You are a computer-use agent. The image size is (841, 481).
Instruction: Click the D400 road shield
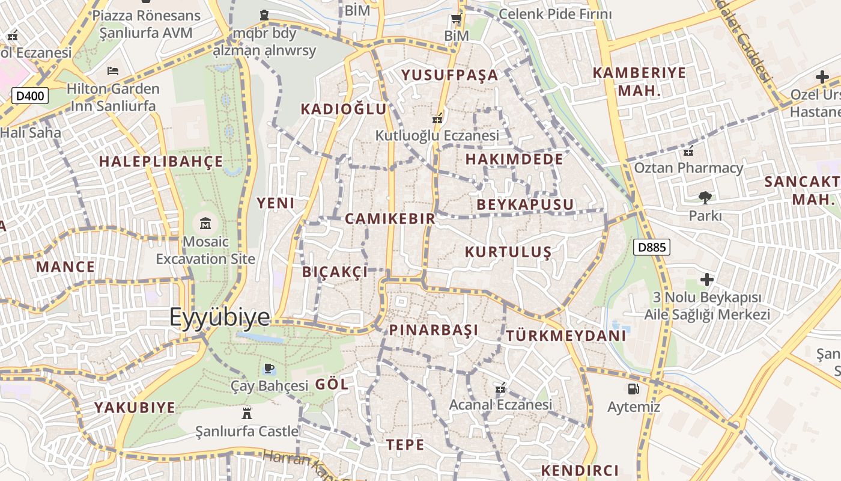click(29, 95)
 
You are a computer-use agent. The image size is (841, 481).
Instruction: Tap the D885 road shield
click(652, 247)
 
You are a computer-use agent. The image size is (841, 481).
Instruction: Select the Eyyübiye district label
click(220, 317)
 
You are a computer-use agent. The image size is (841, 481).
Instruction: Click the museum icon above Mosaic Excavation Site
click(205, 224)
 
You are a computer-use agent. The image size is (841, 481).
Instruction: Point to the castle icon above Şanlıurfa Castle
click(246, 413)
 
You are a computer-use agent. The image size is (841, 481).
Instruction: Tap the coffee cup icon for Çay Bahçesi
click(269, 367)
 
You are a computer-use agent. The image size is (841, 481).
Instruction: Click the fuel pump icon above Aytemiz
click(633, 389)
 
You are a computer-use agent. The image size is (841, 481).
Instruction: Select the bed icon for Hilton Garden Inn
click(112, 71)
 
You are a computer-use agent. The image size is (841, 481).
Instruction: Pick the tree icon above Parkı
click(705, 197)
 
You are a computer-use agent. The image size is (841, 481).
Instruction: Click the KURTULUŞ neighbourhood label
click(508, 252)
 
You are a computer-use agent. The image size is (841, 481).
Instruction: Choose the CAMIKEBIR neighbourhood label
click(390, 219)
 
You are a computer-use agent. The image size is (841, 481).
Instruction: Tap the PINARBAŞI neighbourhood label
click(434, 330)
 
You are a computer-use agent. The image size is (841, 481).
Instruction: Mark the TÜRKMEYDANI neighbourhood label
click(566, 335)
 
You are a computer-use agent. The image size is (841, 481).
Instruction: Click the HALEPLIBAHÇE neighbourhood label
click(161, 162)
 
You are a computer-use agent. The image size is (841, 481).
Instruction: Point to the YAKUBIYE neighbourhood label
click(135, 408)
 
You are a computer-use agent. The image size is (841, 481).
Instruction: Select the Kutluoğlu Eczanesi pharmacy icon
click(438, 118)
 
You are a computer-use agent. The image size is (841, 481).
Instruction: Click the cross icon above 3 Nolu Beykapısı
click(707, 280)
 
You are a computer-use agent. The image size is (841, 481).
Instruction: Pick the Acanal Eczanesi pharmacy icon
click(500, 388)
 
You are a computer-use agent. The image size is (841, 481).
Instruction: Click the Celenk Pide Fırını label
click(555, 14)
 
